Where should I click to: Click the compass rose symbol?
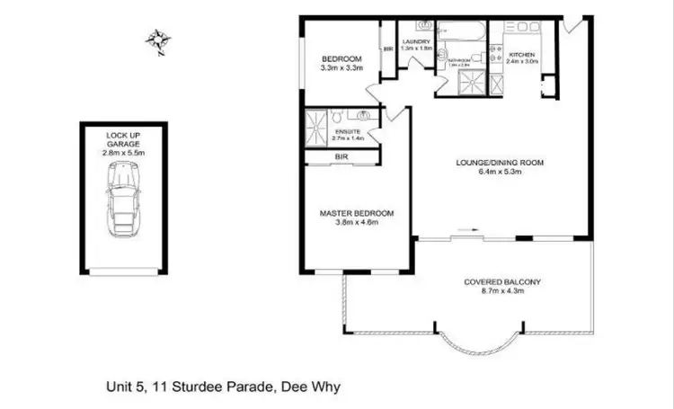pyautogui.click(x=160, y=41)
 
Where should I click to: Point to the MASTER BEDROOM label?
pyautogui.click(x=357, y=213)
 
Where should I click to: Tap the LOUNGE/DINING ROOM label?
pyautogui.click(x=501, y=163)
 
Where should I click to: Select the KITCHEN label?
pyautogui.click(x=522, y=54)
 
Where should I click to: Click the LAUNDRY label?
pyautogui.click(x=417, y=41)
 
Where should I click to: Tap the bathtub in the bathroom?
pyautogui.click(x=464, y=35)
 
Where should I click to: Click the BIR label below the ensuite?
pyautogui.click(x=341, y=157)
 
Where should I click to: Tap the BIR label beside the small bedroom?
pyautogui.click(x=388, y=49)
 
